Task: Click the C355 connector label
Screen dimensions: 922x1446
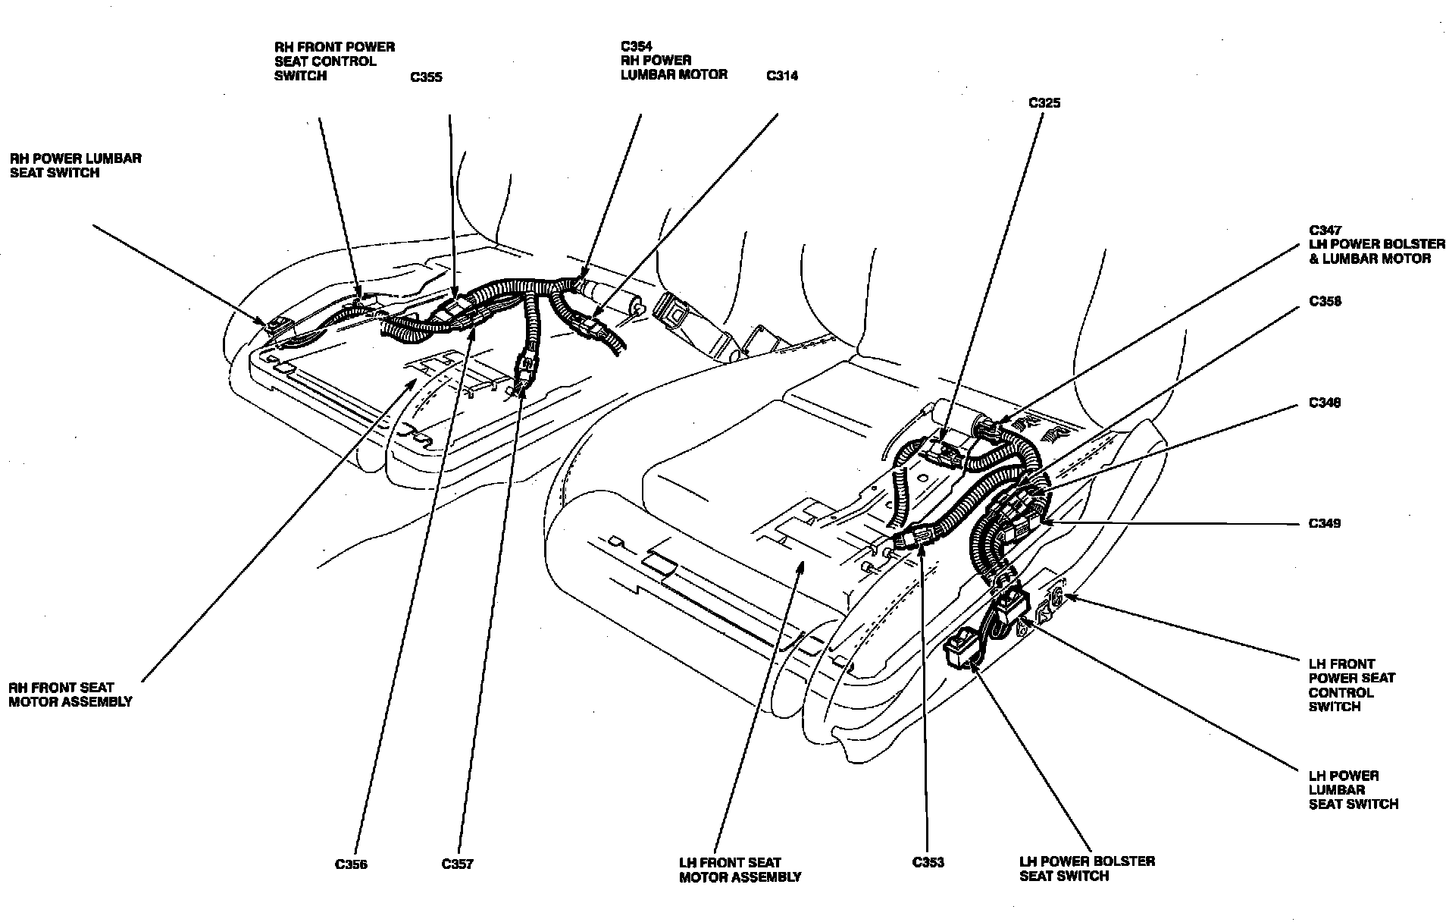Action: [425, 77]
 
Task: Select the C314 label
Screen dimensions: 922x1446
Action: [781, 76]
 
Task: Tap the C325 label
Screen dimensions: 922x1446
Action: [1044, 103]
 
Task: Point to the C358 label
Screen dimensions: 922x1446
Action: [1325, 302]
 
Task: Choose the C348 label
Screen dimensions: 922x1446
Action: [1325, 403]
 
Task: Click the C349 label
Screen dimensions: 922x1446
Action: [1325, 523]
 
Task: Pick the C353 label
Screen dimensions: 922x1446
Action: [928, 863]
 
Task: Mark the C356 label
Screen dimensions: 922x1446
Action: [351, 864]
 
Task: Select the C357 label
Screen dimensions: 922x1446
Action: [457, 864]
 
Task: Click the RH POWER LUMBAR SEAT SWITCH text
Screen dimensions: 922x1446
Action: [75, 165]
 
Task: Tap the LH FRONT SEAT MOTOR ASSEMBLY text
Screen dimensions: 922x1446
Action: [740, 870]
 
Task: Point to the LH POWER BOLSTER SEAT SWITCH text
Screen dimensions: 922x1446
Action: [1087, 869]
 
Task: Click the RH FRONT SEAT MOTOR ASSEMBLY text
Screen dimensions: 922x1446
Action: [70, 695]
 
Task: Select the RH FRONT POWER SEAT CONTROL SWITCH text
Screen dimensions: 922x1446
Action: [334, 61]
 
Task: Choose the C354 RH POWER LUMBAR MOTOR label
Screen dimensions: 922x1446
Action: [674, 61]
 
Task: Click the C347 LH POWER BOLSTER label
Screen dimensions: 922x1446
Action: [1376, 244]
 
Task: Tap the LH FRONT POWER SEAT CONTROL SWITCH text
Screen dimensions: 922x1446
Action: [1351, 685]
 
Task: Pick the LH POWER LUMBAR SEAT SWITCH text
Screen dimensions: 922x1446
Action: [1354, 790]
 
